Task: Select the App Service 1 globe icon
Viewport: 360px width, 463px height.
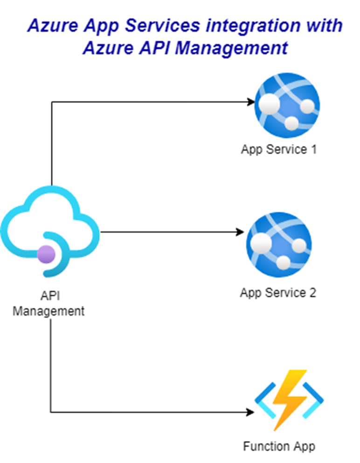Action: pos(287,106)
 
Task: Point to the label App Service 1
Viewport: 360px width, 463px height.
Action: pos(279,150)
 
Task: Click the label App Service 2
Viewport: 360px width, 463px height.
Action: pos(278,293)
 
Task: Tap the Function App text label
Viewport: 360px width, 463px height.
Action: pos(279,446)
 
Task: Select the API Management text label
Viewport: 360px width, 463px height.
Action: pos(48,304)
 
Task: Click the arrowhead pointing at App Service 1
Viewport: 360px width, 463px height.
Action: pos(250,102)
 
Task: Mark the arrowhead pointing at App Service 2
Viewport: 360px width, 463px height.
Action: pos(240,232)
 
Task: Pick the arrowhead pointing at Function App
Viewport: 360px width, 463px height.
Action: pos(250,412)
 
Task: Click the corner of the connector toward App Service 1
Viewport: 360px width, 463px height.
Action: pos(51,102)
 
